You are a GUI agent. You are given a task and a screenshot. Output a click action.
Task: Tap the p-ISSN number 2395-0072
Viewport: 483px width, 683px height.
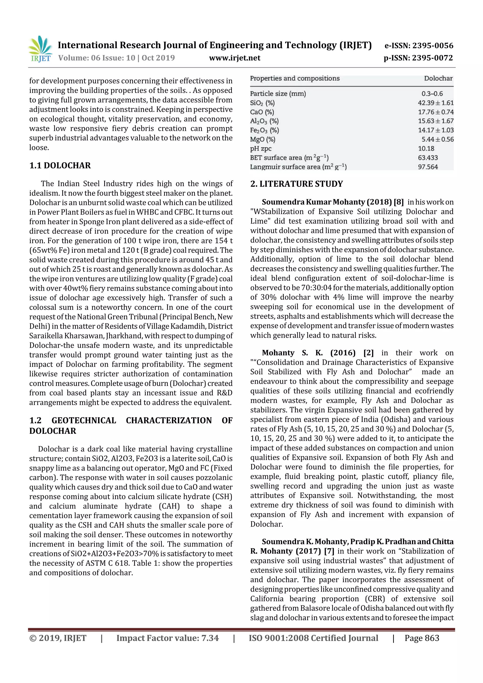432,58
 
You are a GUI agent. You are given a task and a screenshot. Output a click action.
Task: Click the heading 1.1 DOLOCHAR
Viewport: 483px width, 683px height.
60,166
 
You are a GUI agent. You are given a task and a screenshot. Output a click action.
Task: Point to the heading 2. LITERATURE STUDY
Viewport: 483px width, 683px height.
296,184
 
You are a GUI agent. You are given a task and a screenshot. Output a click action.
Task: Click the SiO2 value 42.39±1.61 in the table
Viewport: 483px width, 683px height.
435,103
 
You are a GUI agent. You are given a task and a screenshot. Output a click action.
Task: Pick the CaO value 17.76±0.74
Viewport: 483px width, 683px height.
435,112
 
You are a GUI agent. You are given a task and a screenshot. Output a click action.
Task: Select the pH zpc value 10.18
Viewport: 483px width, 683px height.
426,149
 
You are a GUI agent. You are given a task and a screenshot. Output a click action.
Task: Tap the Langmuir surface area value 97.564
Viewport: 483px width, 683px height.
428,167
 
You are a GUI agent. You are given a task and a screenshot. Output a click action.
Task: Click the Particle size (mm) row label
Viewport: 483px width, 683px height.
278,94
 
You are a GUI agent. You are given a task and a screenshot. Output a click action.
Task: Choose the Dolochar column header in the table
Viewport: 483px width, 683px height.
438,79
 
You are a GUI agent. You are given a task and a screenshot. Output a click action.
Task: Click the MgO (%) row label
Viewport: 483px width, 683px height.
262,139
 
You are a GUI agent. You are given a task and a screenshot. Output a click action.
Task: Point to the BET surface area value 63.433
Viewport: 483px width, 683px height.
428,158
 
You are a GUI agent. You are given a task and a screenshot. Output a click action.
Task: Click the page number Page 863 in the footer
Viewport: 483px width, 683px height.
421,638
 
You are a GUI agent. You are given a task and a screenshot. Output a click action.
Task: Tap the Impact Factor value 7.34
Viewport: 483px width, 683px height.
210,638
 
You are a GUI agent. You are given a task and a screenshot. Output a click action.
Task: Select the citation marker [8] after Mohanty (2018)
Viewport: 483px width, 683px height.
399,202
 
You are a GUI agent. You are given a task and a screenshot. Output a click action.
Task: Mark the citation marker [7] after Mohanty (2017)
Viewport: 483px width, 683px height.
329,551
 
